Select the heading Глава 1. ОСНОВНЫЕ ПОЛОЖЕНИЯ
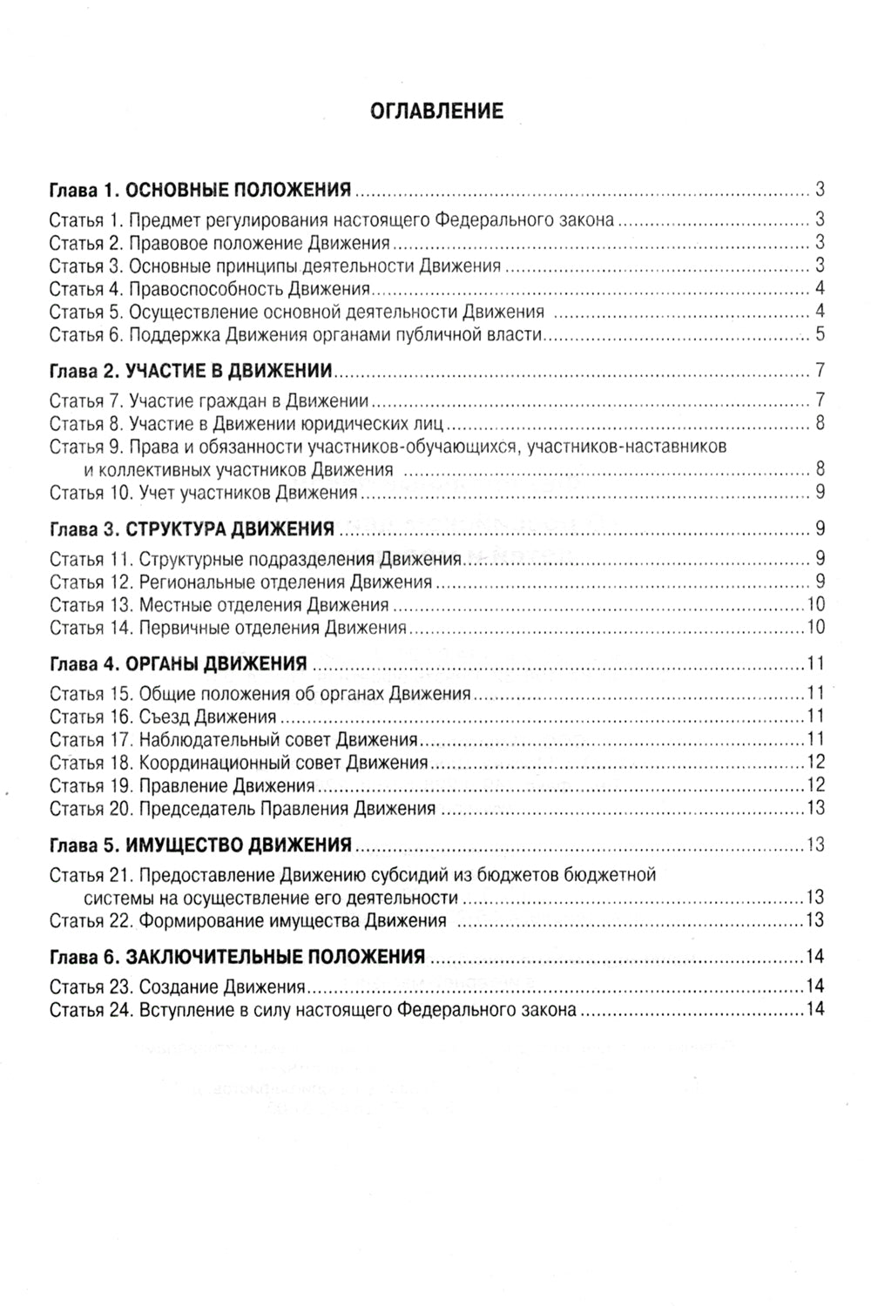click(200, 190)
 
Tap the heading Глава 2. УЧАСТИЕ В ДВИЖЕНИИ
click(192, 371)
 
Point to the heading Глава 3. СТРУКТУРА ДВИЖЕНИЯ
click(192, 528)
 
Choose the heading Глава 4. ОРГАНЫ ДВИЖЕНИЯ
click(179, 664)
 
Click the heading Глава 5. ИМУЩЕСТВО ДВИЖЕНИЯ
click(200, 845)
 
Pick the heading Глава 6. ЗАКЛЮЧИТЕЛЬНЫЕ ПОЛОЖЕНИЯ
click(237, 957)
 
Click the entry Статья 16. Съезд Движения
click(163, 717)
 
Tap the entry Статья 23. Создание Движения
click(177, 987)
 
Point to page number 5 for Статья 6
click(820, 334)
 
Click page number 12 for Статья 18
click(816, 762)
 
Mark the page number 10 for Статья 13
click(816, 604)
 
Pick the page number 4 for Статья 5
click(820, 312)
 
